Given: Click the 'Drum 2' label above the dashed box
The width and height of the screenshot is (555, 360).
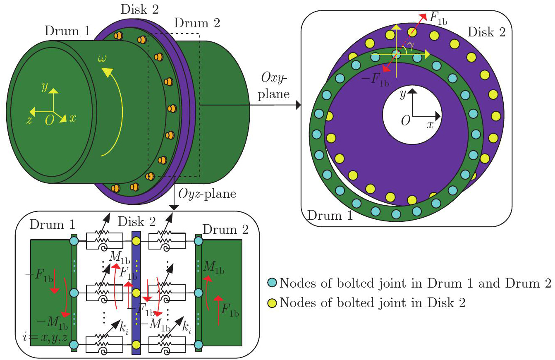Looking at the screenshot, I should coord(197,23).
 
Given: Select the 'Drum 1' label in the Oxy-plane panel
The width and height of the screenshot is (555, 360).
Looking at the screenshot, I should coord(329,216).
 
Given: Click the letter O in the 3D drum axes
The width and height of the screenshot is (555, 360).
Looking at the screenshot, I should coord(50,120).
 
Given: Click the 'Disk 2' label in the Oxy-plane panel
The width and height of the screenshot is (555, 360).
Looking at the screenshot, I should coord(486,32).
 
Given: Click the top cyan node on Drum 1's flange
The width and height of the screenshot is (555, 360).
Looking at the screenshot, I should coord(74,240).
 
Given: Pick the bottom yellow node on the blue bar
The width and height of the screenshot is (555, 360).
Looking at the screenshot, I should coord(136,344).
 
